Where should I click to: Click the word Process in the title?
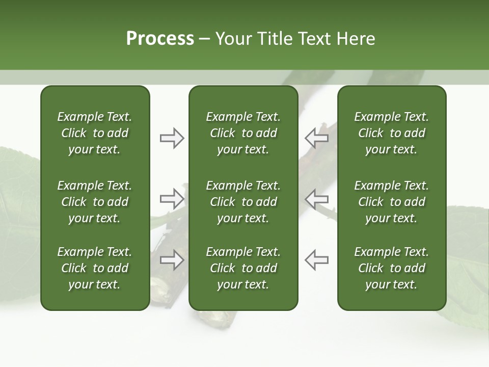160,39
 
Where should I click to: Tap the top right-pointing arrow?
172,138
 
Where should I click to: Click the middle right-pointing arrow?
172,198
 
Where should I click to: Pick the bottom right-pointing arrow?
172,260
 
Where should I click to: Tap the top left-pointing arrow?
316,138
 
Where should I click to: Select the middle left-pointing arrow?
316,198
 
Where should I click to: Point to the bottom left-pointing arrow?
316,260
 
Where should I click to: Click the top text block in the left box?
95,133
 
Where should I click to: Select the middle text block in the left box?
95,202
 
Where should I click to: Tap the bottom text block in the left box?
95,268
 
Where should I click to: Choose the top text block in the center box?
243,133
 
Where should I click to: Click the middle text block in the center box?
243,202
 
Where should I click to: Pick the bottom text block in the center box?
243,268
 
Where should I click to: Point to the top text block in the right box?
391,133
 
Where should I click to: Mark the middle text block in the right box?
391,202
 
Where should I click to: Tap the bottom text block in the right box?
391,268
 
